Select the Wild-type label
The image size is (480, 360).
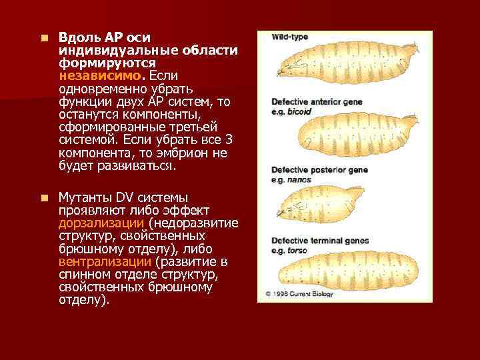click(289, 37)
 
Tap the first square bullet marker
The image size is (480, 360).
click(43, 38)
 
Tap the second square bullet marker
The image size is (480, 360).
click(43, 198)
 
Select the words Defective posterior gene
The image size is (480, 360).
click(319, 171)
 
